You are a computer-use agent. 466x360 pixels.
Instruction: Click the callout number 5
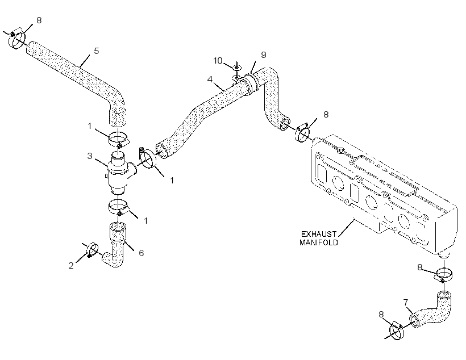pos(96,51)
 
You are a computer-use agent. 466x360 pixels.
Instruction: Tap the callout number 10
pos(218,61)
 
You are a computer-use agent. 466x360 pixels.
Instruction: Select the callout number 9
pos(264,55)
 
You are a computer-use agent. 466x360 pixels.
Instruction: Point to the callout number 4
pos(210,79)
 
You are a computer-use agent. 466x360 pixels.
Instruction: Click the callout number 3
pos(90,156)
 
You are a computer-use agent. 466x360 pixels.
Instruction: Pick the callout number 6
pos(141,253)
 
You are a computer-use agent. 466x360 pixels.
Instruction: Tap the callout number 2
pos(70,266)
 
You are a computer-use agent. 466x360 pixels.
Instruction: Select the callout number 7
pos(406,303)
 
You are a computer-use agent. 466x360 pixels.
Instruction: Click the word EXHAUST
pos(319,234)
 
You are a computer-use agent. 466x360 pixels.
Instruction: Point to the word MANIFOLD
pos(319,242)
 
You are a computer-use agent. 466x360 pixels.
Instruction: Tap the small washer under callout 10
pos(236,68)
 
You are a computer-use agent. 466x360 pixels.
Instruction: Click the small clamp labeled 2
pos(92,249)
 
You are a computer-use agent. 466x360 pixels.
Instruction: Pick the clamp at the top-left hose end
pos(16,40)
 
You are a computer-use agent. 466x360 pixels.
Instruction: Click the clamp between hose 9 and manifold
pos(303,133)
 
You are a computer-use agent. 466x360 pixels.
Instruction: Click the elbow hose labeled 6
pos(116,246)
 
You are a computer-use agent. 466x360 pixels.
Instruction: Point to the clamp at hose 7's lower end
pos(397,330)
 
